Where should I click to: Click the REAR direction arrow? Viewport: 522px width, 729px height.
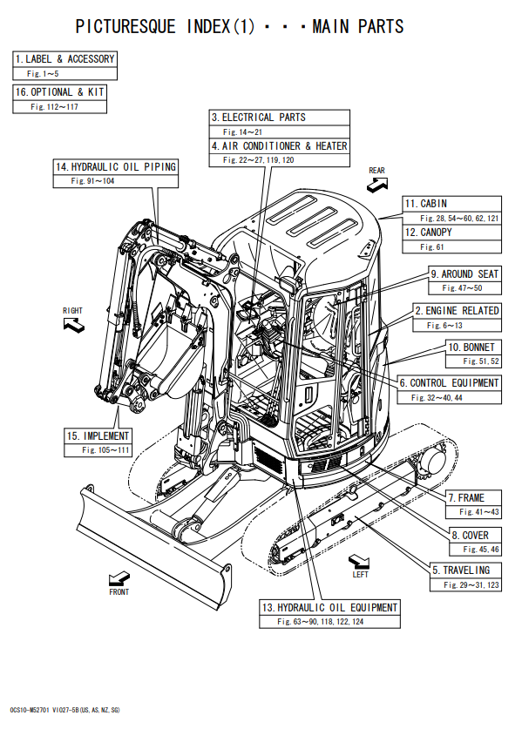pyautogui.click(x=377, y=185)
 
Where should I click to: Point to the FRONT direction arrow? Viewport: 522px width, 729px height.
pyautogui.click(x=119, y=579)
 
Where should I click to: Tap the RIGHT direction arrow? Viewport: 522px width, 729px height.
pyautogui.click(x=74, y=325)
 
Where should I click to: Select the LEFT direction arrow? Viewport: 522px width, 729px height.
pyautogui.click(x=359, y=562)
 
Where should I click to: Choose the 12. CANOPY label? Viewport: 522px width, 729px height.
pyautogui.click(x=429, y=232)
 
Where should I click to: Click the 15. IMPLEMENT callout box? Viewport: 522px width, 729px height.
pyautogui.click(x=98, y=442)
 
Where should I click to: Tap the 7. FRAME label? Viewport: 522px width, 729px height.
pyautogui.click(x=466, y=498)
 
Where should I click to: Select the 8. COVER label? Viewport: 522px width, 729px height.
pyautogui.click(x=471, y=535)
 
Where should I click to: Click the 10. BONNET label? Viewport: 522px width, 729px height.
pyautogui.click(x=471, y=348)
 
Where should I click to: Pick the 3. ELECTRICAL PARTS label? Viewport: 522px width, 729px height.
pyautogui.click(x=259, y=118)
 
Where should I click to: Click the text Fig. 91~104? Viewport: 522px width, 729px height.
pyautogui.click(x=92, y=181)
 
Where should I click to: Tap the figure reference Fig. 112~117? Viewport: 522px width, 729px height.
pyautogui.click(x=54, y=106)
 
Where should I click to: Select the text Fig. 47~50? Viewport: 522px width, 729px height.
pyautogui.click(x=462, y=287)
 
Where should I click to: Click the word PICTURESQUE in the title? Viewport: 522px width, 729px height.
pyautogui.click(x=125, y=26)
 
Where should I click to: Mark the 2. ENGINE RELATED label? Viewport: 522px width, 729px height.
pyautogui.click(x=457, y=311)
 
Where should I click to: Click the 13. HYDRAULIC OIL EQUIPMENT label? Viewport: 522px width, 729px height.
pyautogui.click(x=330, y=608)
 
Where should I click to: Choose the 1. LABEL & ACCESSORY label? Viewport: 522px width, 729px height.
pyautogui.click(x=64, y=59)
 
